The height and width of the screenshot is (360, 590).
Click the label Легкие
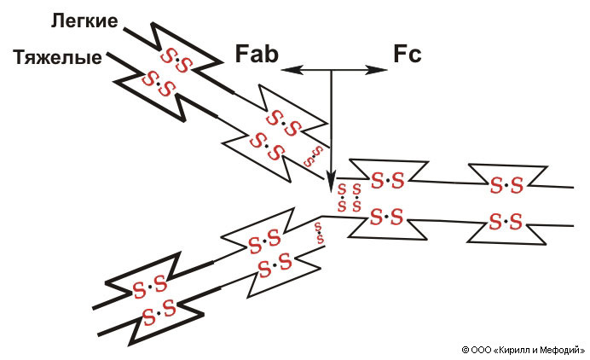[84, 20]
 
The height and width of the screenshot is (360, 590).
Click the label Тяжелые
[57, 58]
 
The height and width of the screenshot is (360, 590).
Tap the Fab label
[254, 55]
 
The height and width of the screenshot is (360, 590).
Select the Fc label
[407, 55]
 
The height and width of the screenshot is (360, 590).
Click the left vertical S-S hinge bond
[342, 197]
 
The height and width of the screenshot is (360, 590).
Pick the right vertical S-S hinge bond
[356, 197]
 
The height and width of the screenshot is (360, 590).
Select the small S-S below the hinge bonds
[319, 233]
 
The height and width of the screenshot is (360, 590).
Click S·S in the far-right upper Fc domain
[504, 184]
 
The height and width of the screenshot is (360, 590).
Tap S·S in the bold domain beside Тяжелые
[156, 82]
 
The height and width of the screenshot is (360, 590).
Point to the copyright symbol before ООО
[466, 349]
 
